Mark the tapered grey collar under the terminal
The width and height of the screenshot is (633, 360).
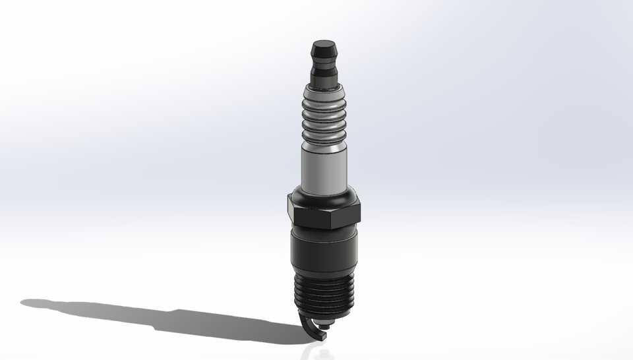click(x=324, y=86)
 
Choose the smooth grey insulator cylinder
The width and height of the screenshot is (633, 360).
click(x=324, y=168)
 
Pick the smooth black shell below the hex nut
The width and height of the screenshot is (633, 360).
click(x=324, y=251)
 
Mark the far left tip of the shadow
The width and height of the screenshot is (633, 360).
click(x=22, y=303)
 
